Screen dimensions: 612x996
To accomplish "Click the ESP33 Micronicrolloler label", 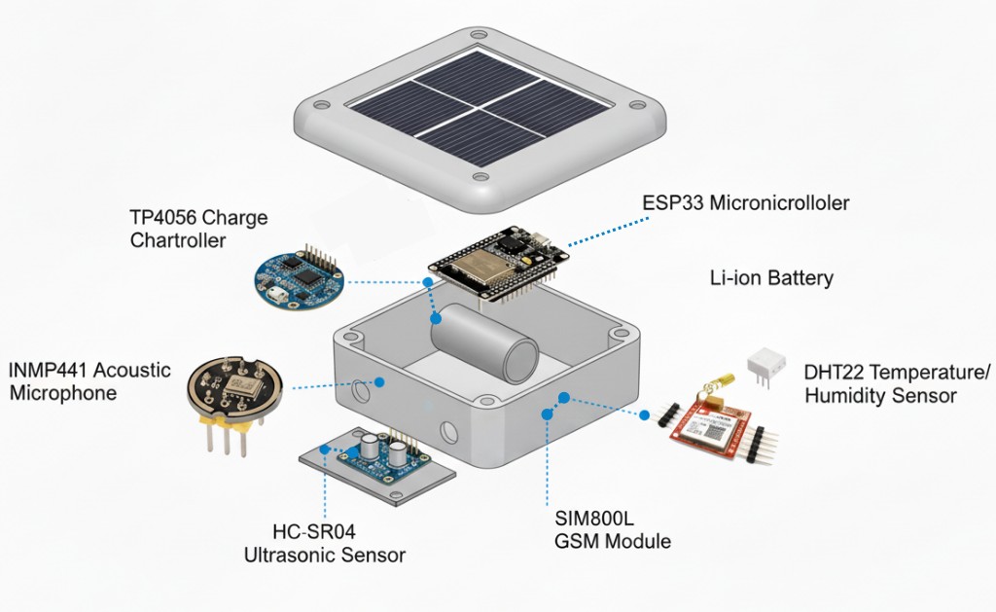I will point(745,203).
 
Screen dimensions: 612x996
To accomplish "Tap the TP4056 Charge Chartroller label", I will point(198,228).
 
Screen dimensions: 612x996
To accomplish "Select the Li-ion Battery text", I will point(771,278).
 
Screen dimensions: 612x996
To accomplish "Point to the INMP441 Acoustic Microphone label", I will point(89,381).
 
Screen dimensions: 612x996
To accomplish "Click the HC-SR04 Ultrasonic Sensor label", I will point(324,544).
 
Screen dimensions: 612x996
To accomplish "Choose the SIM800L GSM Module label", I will point(612,530).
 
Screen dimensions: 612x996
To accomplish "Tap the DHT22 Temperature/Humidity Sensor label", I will point(896,384).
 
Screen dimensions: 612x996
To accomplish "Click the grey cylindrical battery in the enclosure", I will point(484,342).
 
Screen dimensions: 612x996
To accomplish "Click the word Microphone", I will point(63,393).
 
